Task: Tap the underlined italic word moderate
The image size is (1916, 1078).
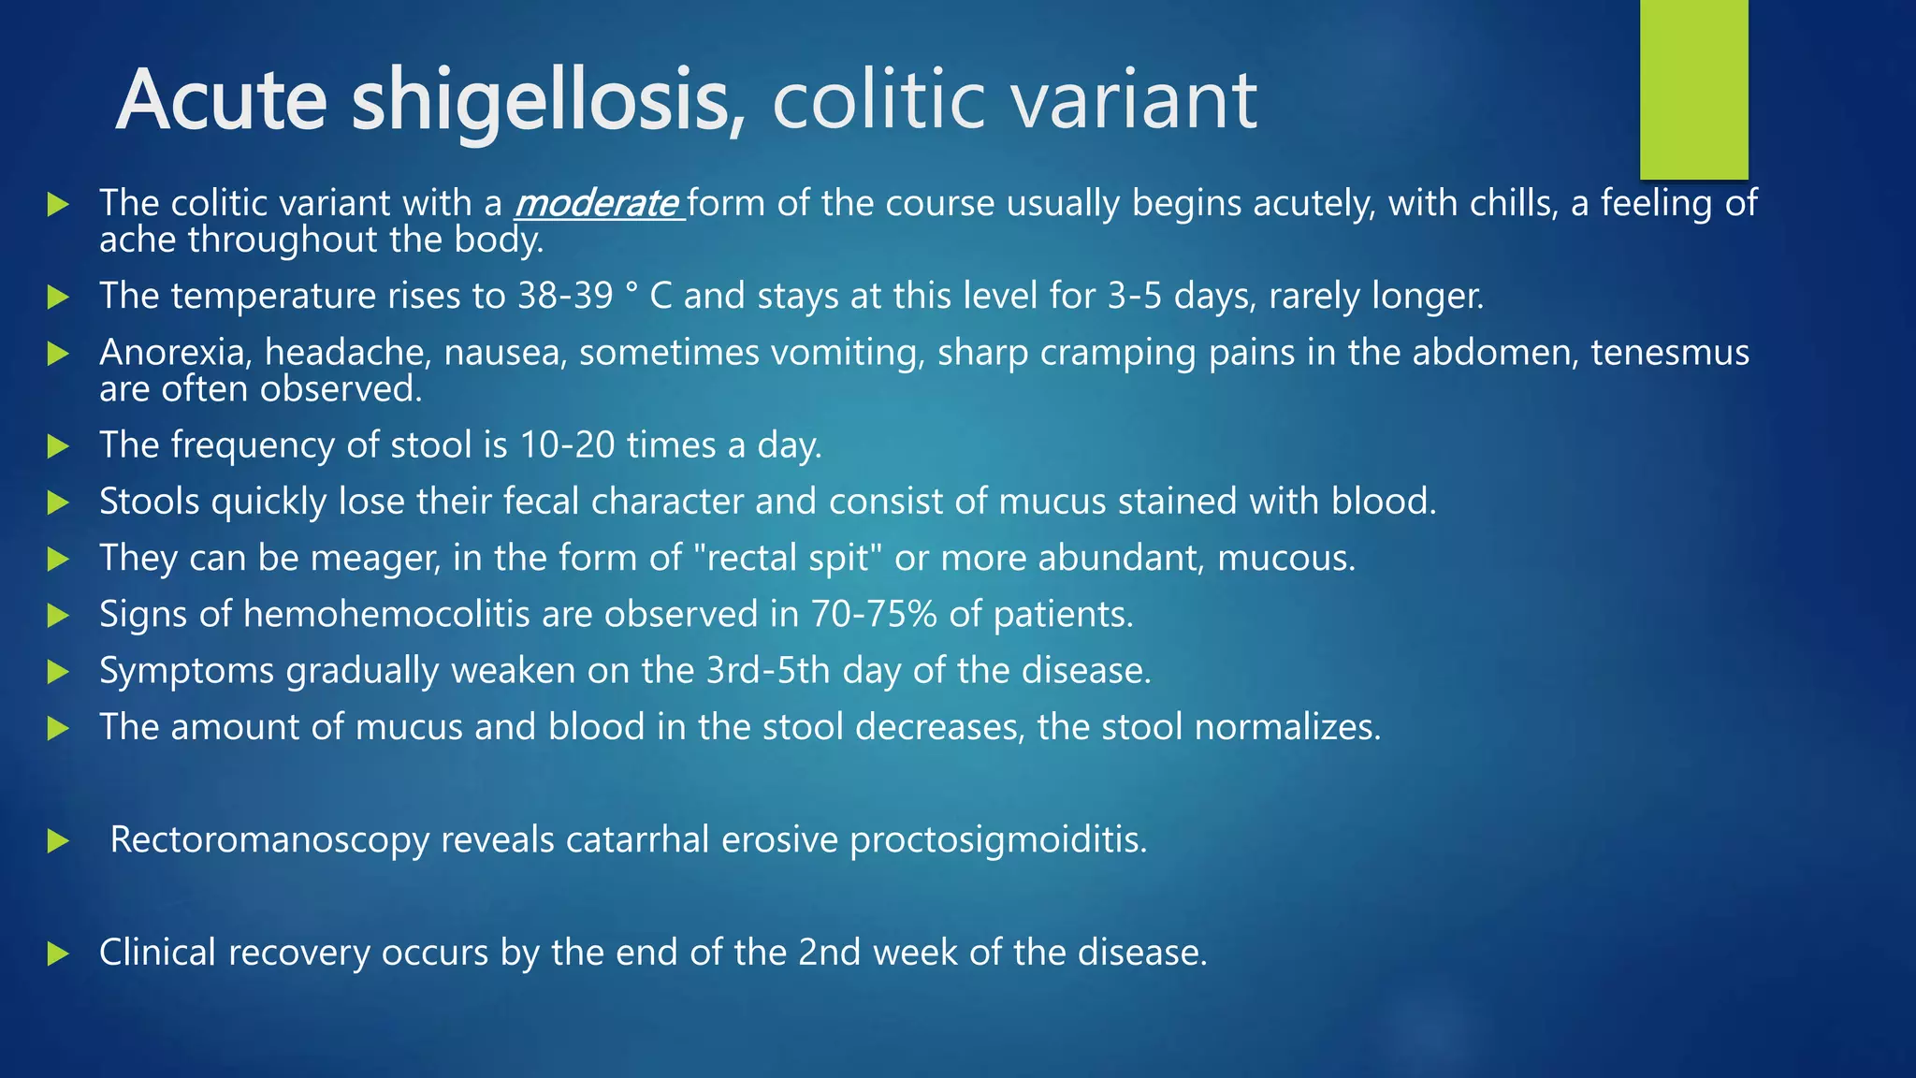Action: click(597, 203)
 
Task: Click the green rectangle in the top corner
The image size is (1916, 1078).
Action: click(1693, 89)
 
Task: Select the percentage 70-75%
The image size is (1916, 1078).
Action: click(874, 615)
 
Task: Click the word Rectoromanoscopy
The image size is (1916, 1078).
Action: click(269, 840)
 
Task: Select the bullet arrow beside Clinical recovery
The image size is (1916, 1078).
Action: click(58, 954)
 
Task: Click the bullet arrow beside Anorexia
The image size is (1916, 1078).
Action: click(58, 354)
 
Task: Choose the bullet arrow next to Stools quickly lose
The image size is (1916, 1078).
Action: click(58, 503)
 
